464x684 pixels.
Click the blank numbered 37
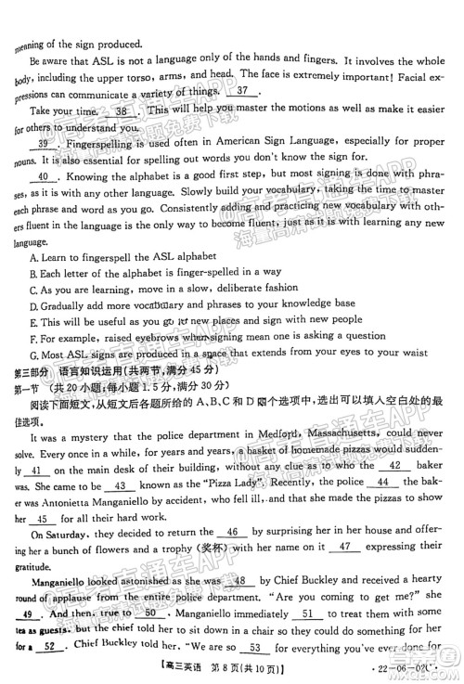pyautogui.click(x=245, y=92)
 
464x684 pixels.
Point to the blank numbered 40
pyautogui.click(x=42, y=175)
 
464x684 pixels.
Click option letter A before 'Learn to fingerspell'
pyautogui.click(x=33, y=255)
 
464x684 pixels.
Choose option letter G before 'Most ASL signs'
pyautogui.click(x=33, y=353)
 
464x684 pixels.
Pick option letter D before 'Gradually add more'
pyautogui.click(x=33, y=304)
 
